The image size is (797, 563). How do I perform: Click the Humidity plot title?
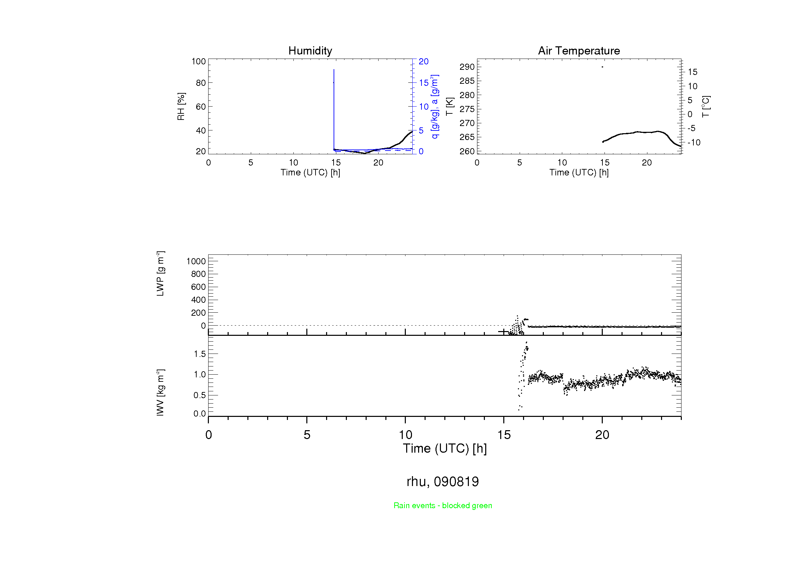click(x=310, y=51)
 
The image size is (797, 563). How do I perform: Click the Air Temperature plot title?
click(x=579, y=51)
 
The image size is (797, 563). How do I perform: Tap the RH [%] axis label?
click(x=181, y=107)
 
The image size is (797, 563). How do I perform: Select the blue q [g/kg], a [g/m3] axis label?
click(x=434, y=107)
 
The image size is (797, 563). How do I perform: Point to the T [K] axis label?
click(x=449, y=107)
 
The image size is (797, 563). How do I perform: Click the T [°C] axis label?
click(x=706, y=107)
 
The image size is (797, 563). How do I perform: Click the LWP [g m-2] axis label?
click(x=160, y=274)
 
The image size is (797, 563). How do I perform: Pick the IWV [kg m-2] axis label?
click(x=160, y=392)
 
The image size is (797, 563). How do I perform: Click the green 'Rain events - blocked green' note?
click(x=443, y=505)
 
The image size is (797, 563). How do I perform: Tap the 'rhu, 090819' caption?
click(x=443, y=482)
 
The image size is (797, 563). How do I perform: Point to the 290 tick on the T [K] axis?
click(x=467, y=67)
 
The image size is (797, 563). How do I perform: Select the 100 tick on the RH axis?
click(x=199, y=61)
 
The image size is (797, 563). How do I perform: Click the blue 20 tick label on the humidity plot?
click(x=424, y=61)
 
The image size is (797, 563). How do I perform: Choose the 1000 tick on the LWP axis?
click(x=196, y=261)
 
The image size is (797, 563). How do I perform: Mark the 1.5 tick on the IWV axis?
click(x=200, y=354)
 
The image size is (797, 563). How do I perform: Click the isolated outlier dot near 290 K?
click(x=602, y=67)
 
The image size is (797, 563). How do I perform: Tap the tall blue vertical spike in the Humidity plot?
click(x=334, y=104)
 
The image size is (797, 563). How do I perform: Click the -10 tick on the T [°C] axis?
click(x=694, y=143)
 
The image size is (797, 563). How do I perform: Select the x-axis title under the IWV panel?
click(x=445, y=449)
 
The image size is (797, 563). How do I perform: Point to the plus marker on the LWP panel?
click(x=503, y=332)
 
